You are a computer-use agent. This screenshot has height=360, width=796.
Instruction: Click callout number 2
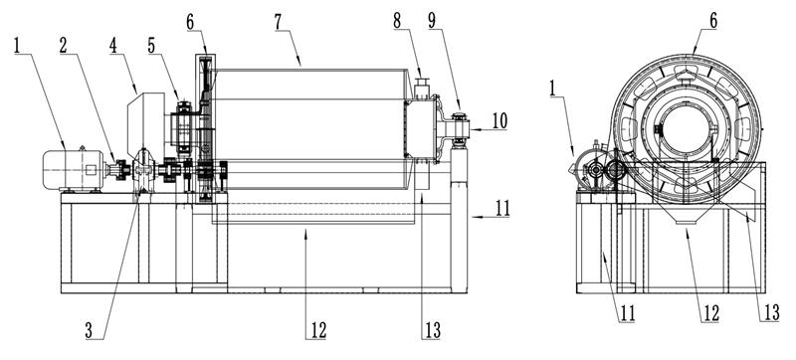point(63,45)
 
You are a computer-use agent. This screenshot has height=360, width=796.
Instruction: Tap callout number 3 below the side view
point(90,330)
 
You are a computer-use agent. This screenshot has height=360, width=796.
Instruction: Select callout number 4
point(112,45)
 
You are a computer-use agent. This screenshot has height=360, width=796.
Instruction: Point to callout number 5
point(151,45)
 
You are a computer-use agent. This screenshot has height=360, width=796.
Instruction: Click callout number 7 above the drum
point(278,23)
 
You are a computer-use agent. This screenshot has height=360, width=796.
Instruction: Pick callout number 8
point(397,22)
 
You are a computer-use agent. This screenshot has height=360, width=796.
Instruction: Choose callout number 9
point(432,22)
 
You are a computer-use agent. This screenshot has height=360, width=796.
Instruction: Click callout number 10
point(499,120)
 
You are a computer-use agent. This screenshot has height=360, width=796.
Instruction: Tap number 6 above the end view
point(713,22)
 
